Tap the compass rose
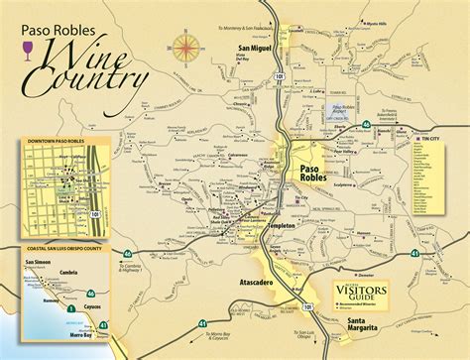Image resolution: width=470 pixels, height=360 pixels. (184, 46)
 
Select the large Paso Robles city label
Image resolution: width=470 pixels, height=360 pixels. (308, 174)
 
